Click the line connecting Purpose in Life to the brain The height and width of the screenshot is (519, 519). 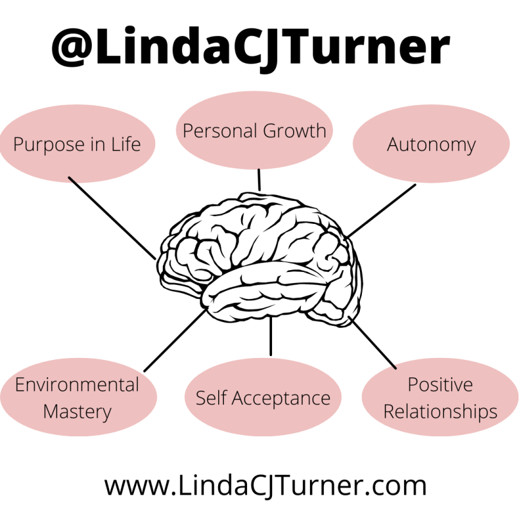(111, 217)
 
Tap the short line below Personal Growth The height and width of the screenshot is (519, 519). (259, 180)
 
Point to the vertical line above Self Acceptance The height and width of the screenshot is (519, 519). (270, 336)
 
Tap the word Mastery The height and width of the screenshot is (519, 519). (77, 411)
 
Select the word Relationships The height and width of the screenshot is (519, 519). (440, 411)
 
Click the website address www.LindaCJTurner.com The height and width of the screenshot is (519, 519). (265, 486)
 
